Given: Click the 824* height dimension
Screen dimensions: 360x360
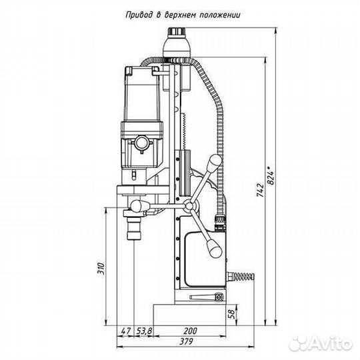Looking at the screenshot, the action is (x=271, y=175).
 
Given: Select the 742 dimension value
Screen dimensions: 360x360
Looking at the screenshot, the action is (x=261, y=190).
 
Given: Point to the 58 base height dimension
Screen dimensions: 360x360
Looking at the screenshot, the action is (x=232, y=315).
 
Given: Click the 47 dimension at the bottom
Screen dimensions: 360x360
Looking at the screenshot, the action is (x=125, y=331).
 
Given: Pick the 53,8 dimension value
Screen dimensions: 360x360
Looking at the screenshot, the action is (x=144, y=331).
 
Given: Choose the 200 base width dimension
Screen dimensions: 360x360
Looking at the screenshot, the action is (x=190, y=331).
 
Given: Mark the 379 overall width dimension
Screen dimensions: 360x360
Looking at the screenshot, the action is (x=186, y=342).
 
